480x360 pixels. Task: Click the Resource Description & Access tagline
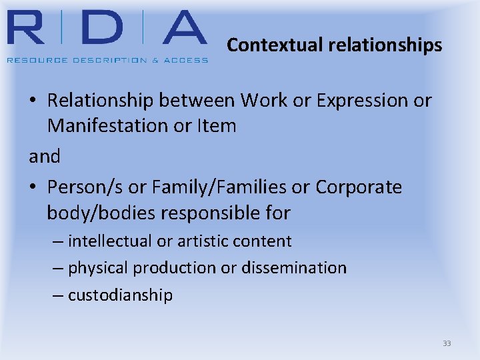pos(107,60)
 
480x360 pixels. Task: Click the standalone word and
pos(45,157)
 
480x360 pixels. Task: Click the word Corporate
pos(359,187)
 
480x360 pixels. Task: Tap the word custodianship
pos(121,295)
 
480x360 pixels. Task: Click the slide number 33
pos(447,343)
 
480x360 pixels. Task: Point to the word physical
pos(99,268)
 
